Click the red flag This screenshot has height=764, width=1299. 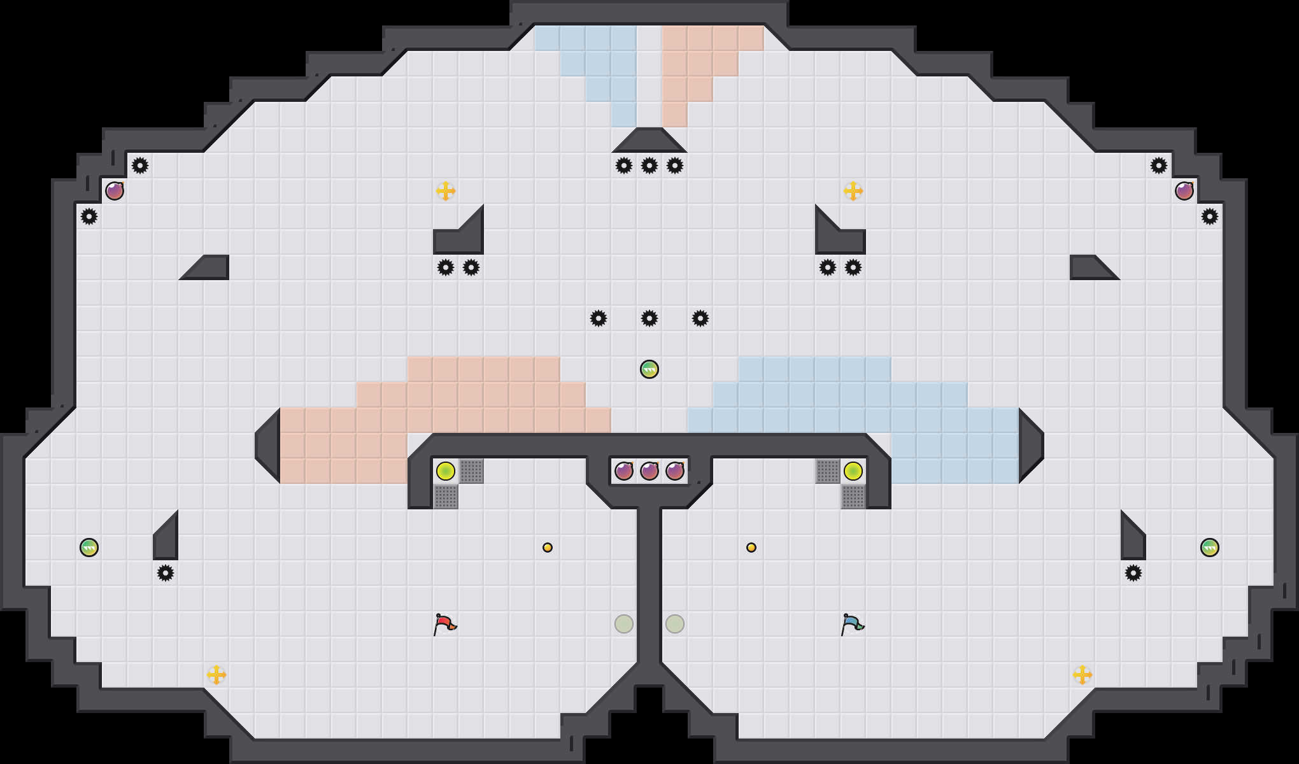(x=444, y=624)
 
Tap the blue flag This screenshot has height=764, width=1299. (x=852, y=624)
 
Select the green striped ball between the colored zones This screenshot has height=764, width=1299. (x=649, y=369)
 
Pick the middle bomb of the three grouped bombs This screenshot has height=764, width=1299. (x=649, y=471)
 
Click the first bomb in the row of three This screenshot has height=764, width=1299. (x=624, y=471)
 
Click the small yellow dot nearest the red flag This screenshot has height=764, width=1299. (x=548, y=548)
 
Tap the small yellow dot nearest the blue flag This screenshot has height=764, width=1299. (x=751, y=548)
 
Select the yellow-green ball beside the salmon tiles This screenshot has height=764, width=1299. (x=446, y=471)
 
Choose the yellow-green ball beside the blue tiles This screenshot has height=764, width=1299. (x=853, y=471)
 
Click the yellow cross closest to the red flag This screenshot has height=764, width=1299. (x=216, y=675)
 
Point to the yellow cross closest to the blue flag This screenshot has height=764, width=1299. (x=1082, y=675)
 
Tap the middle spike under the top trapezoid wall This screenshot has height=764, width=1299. (x=649, y=166)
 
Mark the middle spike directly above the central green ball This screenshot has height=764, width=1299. (x=649, y=318)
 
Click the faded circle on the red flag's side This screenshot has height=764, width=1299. (x=624, y=624)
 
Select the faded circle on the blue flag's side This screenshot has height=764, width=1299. (x=675, y=624)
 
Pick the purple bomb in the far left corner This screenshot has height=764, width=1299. (x=115, y=191)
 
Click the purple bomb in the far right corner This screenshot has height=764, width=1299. (x=1184, y=191)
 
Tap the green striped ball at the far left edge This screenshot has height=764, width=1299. (x=89, y=548)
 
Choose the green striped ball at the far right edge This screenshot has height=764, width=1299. (x=1210, y=548)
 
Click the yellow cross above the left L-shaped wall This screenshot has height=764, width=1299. (x=446, y=191)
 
